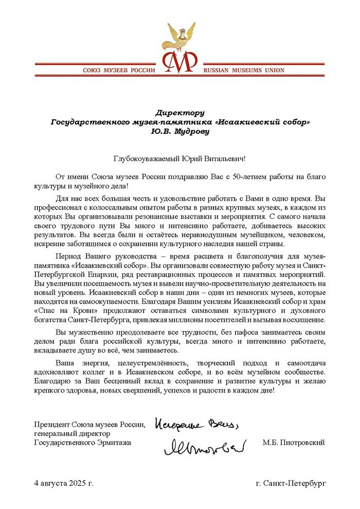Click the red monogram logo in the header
(180, 62)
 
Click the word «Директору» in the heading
(180, 112)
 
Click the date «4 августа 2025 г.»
(64, 484)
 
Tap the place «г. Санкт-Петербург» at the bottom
(291, 484)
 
